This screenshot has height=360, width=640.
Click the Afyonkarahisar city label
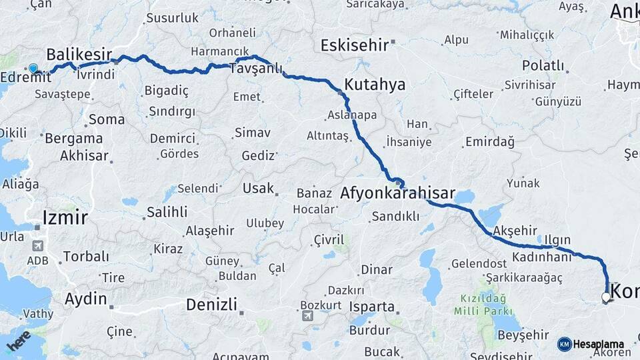pyautogui.click(x=397, y=194)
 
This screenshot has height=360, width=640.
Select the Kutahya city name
pyautogui.click(x=375, y=85)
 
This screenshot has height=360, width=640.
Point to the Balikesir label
pyautogui.click(x=79, y=53)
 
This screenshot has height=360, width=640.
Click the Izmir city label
pyautogui.click(x=65, y=217)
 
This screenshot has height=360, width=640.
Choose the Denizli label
pyautogui.click(x=211, y=305)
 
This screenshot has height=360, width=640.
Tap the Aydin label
pyautogui.click(x=86, y=299)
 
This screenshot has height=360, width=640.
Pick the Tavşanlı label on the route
pyautogui.click(x=256, y=69)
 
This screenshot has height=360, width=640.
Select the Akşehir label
pyautogui.click(x=515, y=230)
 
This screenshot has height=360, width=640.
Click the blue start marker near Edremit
pyautogui.click(x=33, y=68)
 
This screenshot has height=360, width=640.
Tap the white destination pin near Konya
pyautogui.click(x=606, y=297)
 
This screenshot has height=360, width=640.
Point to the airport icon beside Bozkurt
pyautogui.click(x=307, y=315)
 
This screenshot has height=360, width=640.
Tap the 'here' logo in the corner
pyautogui.click(x=18, y=340)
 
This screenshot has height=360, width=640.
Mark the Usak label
pyautogui.click(x=258, y=188)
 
